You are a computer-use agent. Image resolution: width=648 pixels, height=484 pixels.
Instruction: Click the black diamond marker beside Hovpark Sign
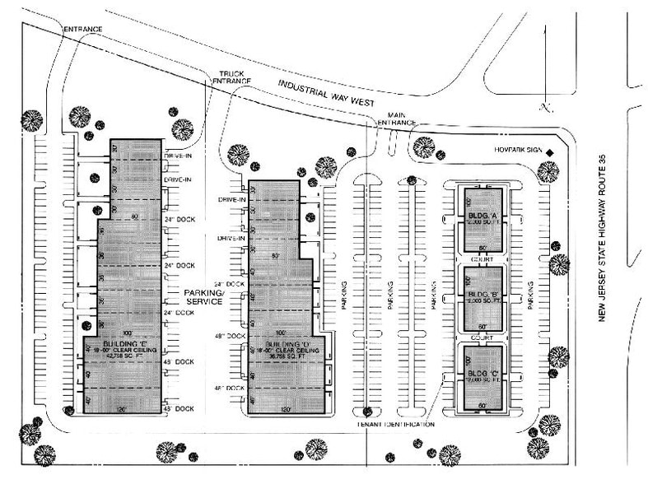tap(557, 152)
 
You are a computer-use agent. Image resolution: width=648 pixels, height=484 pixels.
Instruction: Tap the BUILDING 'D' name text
tap(284, 343)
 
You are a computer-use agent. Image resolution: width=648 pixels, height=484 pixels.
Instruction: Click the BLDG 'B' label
tap(483, 293)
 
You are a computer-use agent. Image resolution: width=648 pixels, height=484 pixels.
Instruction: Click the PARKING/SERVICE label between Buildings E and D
tap(204, 297)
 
